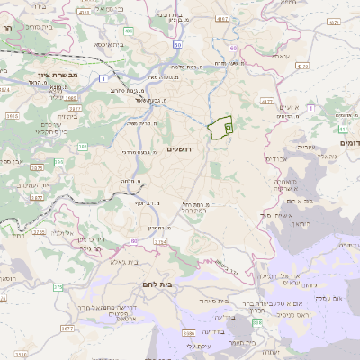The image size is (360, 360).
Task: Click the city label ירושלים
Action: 187,148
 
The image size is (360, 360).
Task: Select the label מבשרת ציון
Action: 56,74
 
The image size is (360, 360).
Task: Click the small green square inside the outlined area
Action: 228,129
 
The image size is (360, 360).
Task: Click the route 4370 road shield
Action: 301,66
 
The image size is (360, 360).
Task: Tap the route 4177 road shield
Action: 266,102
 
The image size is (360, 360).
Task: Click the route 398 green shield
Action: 257,321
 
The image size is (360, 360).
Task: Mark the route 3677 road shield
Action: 67,329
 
